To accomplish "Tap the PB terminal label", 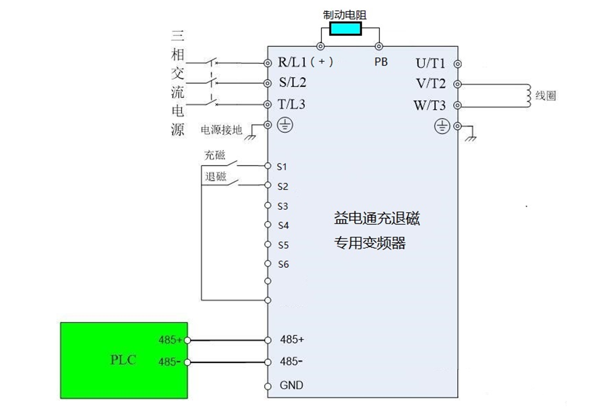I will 381,62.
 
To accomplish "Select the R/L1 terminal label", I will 293,62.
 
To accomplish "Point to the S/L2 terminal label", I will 292,83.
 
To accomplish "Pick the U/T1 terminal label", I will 430,64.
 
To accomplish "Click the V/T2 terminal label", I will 430,84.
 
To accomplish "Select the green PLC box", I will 123,360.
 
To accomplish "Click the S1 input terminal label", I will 282,167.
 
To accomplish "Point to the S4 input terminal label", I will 283,225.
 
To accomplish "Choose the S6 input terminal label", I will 283,265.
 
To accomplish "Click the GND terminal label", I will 291,385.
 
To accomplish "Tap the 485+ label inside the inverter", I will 292,339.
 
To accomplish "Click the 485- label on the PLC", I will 170,361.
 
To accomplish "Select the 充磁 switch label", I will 215,155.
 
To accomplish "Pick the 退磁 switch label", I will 215,177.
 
